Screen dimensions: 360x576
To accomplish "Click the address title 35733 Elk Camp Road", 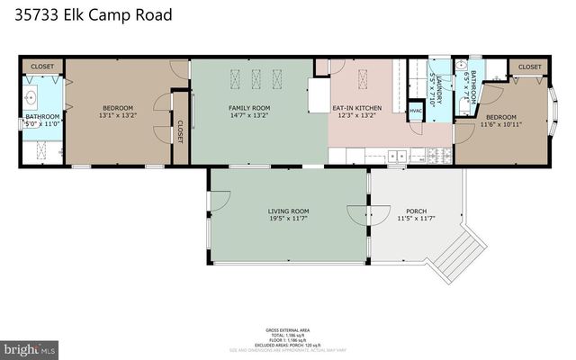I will click(x=94, y=15).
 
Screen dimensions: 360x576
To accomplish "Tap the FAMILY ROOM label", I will click(x=248, y=108).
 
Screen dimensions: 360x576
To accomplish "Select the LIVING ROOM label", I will click(x=288, y=211).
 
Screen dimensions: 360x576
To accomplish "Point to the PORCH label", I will click(x=416, y=211).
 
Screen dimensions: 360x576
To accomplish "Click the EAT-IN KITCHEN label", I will click(x=356, y=108).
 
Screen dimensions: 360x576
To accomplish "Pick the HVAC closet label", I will click(x=415, y=112).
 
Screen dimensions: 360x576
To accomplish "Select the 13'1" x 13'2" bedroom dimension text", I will click(x=116, y=116).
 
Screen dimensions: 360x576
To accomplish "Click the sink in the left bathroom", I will click(x=32, y=96).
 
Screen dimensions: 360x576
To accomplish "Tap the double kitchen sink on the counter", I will click(x=396, y=157).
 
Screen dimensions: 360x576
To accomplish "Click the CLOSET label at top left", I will click(x=42, y=67).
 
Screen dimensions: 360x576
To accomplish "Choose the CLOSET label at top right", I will click(x=530, y=67).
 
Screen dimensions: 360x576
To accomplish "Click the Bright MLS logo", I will click(x=31, y=347).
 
